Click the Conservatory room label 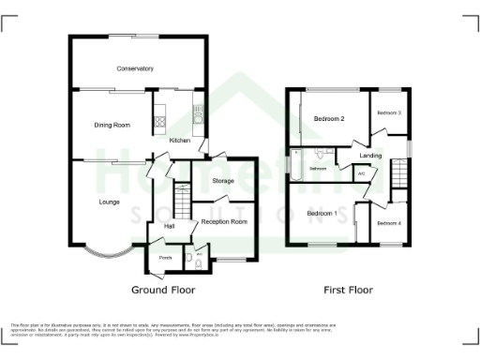pos(135,69)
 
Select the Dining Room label pos(111,125)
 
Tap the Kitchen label pos(179,141)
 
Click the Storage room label pos(222,180)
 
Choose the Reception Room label pos(225,222)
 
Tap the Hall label pos(170,226)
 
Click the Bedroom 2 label pos(329,119)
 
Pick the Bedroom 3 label pos(389,113)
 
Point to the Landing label pos(370,156)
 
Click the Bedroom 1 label pos(322,214)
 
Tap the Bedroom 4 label pos(389,223)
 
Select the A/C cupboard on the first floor pos(362,173)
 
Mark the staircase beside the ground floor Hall pos(184,201)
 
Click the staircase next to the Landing pos(400,172)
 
